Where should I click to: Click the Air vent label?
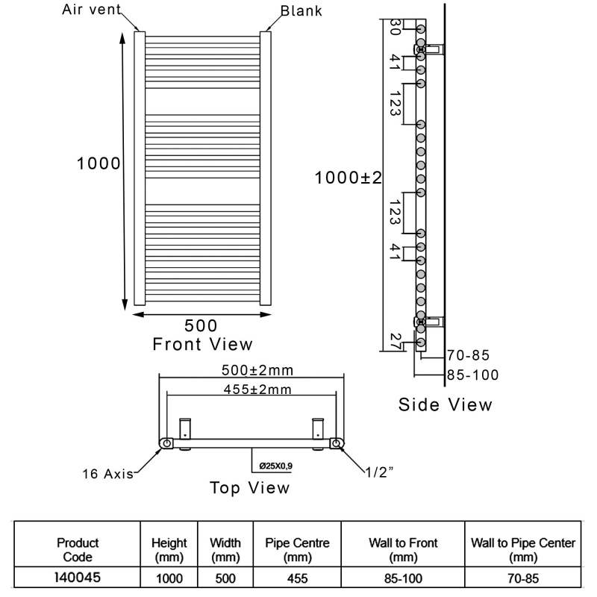pos(91,10)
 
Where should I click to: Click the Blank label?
pos(301,11)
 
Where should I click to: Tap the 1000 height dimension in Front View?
pos(99,163)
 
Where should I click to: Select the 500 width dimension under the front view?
pos(201,325)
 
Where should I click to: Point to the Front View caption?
pos(202,344)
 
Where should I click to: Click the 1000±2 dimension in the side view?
pos(348,178)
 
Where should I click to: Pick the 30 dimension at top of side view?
pos(395,27)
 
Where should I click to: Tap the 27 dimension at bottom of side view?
pos(396,342)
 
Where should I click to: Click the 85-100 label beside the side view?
pos(472,375)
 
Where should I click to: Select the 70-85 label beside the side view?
pos(468,355)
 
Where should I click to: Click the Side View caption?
pos(445,404)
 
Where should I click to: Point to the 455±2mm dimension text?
pos(257,390)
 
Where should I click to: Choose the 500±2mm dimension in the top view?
pos(257,370)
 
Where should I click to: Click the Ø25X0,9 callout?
pos(275,466)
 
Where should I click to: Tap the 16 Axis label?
pos(107,474)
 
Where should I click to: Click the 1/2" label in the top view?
pos(379,472)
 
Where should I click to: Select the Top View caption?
pos(249,488)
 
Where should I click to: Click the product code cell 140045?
pos(78,578)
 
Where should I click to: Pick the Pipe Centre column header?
pos(297,550)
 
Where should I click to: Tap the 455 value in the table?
pos(297,579)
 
